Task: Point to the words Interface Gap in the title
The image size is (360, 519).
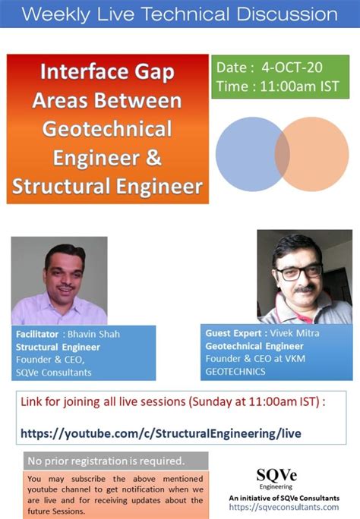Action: pos(107,72)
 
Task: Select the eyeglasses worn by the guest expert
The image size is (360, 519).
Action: pos(292,271)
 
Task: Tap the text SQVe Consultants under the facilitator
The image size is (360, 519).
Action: pos(53,372)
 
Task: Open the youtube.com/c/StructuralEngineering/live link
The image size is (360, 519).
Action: pos(160,433)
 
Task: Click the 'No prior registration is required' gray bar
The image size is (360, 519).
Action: pos(106,461)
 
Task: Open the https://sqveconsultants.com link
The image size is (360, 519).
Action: pos(283,506)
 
